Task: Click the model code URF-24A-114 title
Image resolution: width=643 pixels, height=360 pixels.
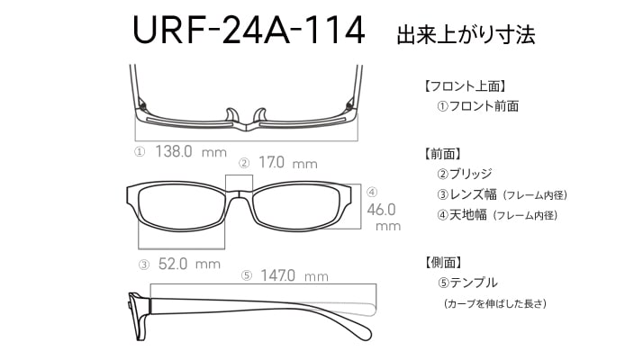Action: coord(249,30)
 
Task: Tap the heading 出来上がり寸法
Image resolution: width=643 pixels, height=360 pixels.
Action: coord(466,35)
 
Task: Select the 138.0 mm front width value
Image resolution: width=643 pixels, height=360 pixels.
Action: coord(191,152)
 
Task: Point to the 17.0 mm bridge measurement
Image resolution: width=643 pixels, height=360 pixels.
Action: coord(288,163)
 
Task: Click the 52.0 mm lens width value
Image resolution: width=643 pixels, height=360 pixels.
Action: coord(189,264)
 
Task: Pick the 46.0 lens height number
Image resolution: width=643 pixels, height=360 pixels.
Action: coord(381,210)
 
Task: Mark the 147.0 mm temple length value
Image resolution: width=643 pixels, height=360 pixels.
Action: coord(294,275)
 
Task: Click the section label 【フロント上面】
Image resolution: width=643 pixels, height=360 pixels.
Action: coord(465,86)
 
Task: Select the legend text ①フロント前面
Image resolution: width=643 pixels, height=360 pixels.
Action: coord(477,106)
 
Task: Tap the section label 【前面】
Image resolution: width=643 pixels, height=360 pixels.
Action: coord(443,154)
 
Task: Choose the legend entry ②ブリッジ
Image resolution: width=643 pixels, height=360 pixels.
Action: coord(464,174)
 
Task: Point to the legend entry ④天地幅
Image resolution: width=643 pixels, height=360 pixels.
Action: coord(462,214)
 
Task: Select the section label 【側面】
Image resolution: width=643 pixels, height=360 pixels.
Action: coord(443,263)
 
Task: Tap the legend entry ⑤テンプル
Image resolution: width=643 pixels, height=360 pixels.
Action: coord(467,283)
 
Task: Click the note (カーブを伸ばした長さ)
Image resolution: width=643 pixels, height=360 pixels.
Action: coord(495,304)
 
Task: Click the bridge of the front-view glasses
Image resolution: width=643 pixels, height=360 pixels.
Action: coord(239,193)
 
